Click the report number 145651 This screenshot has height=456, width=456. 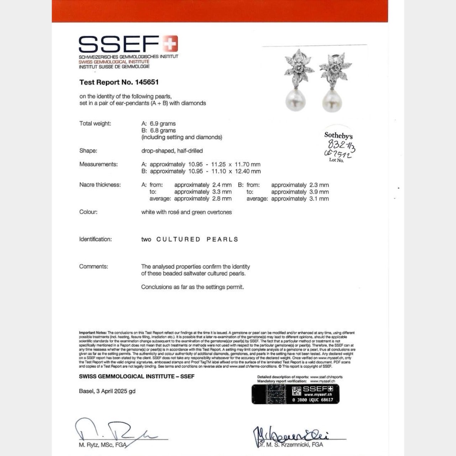[x=147, y=82]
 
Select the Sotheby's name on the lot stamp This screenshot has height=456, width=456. [x=338, y=135]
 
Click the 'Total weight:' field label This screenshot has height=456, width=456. [x=95, y=124]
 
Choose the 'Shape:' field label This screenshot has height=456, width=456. [x=88, y=151]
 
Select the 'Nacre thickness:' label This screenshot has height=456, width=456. [x=100, y=185]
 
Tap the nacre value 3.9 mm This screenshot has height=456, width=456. [x=319, y=192]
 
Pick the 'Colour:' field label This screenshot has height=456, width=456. [x=88, y=212]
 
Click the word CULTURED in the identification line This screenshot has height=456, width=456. [x=178, y=239]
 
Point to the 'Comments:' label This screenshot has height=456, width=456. [x=93, y=266]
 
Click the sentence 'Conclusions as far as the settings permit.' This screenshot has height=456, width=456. [x=192, y=287]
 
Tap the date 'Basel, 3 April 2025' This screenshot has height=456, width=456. [x=103, y=391]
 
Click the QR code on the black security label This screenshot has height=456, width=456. [x=296, y=392]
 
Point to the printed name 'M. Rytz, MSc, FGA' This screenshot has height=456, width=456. [x=103, y=445]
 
